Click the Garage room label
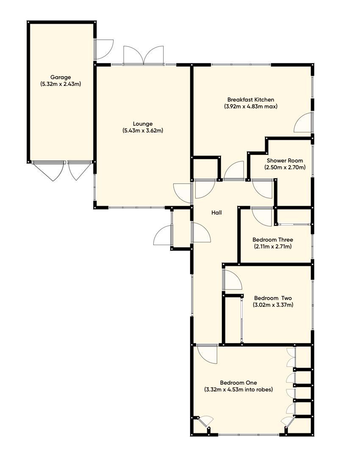point(61,77)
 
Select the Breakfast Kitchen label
point(251,100)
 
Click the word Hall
point(216,213)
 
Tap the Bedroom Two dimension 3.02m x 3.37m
point(273,305)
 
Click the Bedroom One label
point(238,383)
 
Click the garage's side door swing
point(104,49)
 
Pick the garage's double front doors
point(62,170)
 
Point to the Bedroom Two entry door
point(231,280)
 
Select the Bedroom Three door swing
point(262,216)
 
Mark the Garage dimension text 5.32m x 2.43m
point(61,84)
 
